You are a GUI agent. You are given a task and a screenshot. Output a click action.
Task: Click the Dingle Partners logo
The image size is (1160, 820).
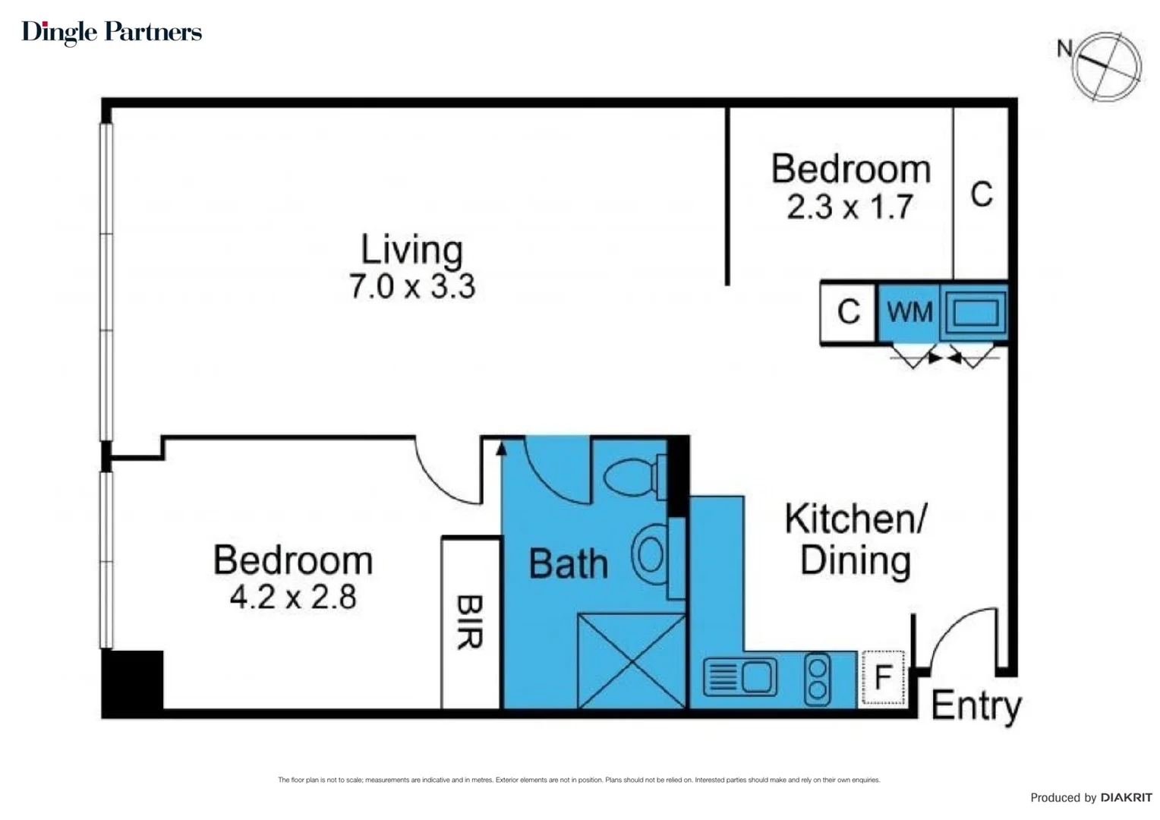pyautogui.click(x=112, y=32)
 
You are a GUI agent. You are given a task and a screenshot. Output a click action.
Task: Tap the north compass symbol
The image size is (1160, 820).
pyautogui.click(x=1106, y=66)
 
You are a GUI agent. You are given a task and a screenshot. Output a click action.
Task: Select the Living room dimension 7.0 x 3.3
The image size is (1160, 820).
pyautogui.click(x=411, y=287)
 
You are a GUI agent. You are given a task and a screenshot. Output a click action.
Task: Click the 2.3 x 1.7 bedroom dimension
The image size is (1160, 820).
pyautogui.click(x=850, y=207)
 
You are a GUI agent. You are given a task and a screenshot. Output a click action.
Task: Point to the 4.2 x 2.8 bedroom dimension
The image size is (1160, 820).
pyautogui.click(x=293, y=598)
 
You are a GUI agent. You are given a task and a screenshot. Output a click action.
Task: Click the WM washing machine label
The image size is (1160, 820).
pyautogui.click(x=909, y=312)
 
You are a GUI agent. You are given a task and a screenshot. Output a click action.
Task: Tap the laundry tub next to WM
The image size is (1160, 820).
pyautogui.click(x=975, y=312)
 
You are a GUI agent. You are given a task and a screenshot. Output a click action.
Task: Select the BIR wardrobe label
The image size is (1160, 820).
pyautogui.click(x=470, y=622)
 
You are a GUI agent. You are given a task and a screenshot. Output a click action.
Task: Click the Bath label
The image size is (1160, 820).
pyautogui.click(x=568, y=564)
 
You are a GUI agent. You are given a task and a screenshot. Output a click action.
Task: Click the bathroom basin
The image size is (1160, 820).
pyautogui.click(x=650, y=554)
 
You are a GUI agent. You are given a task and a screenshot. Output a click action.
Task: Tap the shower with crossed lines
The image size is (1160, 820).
pyautogui.click(x=632, y=661)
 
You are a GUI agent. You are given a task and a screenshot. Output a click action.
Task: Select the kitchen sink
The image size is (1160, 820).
pyautogui.click(x=740, y=676)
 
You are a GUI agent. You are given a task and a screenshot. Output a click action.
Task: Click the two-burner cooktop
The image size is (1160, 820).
pyautogui.click(x=818, y=677)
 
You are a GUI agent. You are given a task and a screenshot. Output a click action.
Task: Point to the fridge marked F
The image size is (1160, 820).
pyautogui.click(x=883, y=677)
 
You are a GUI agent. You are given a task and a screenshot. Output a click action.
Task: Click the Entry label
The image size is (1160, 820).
pyautogui.click(x=976, y=706)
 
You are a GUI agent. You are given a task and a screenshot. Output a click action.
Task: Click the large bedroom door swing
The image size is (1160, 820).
pyautogui.click(x=444, y=475)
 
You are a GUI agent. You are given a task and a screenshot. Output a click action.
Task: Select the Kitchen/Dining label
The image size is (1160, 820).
pyautogui.click(x=855, y=540)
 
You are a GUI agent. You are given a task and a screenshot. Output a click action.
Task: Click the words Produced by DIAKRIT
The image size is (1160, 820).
pyautogui.click(x=1091, y=797)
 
